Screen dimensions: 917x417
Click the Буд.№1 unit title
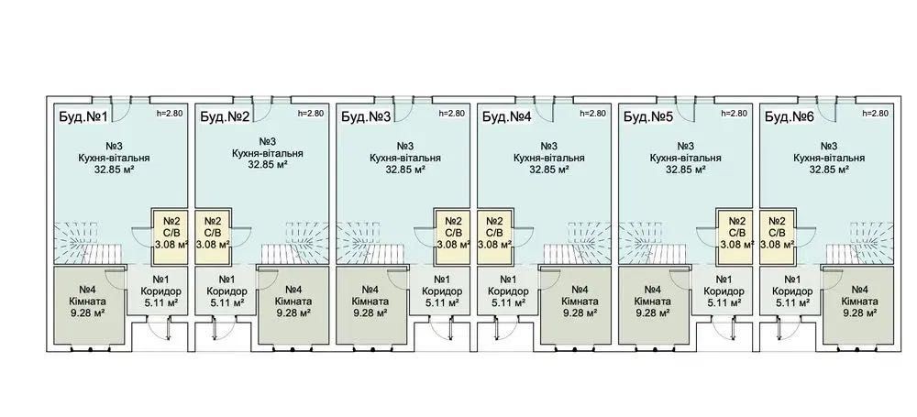tap(83, 117)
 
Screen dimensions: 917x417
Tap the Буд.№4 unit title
tap(506, 117)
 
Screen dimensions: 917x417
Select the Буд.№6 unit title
tap(790, 117)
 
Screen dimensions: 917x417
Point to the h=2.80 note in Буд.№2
tap(311, 114)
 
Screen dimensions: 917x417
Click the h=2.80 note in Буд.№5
tap(734, 114)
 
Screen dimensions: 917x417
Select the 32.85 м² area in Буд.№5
tap(685, 170)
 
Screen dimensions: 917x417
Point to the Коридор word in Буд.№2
tap(226, 291)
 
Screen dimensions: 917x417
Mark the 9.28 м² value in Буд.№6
tap(859, 313)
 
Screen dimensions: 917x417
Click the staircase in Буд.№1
tap(89, 243)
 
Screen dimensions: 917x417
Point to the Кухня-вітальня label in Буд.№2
tap(267, 153)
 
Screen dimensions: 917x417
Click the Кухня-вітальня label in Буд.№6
tap(829, 158)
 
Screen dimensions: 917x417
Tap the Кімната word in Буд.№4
tap(580, 302)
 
